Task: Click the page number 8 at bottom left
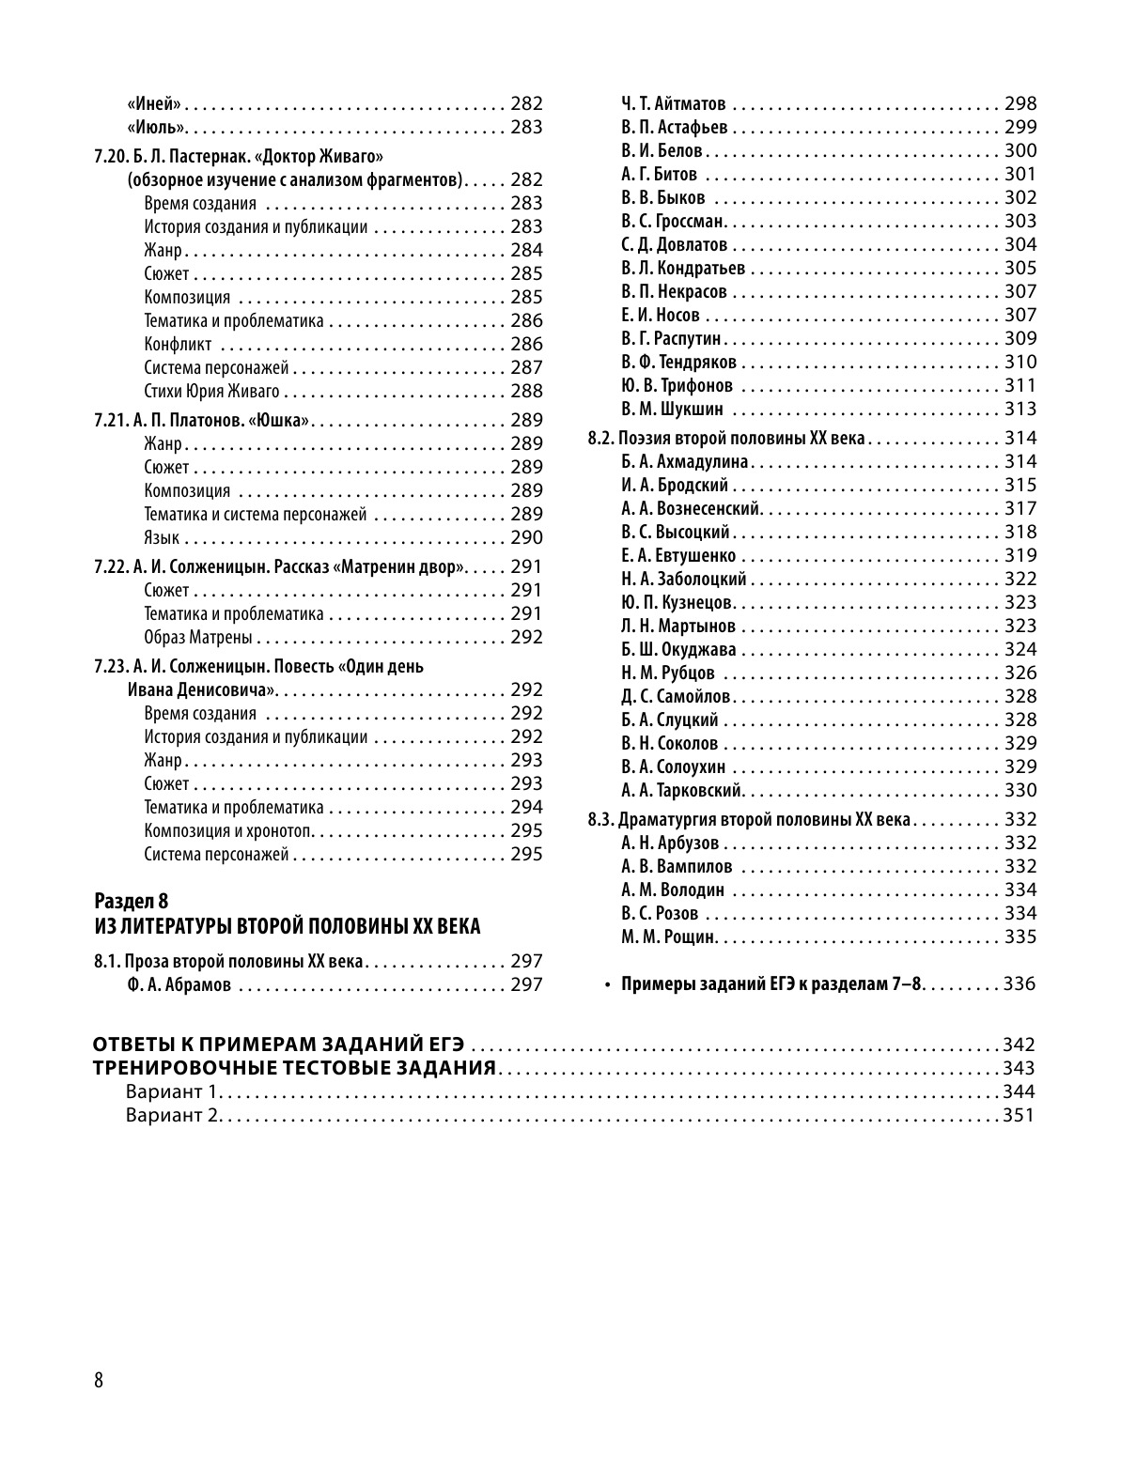coord(99,1380)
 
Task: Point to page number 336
coord(1019,984)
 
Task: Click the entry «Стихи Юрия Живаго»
coord(212,391)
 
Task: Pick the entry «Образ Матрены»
coord(198,638)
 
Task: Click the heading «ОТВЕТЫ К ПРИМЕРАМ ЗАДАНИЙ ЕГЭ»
coord(279,1044)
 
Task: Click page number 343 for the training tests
coord(1019,1068)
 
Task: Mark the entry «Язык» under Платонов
coord(162,537)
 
